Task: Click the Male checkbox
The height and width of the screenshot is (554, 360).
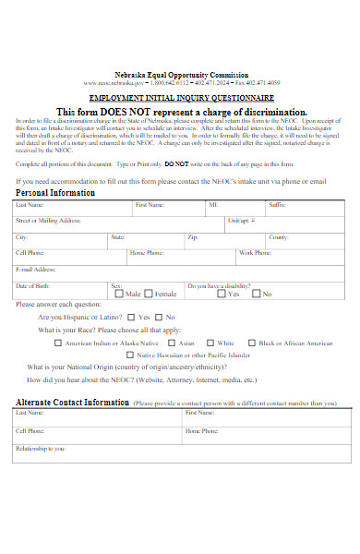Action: (x=119, y=295)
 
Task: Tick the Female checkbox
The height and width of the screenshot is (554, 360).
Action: (x=150, y=295)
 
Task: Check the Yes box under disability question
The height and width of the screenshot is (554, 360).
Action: (x=221, y=295)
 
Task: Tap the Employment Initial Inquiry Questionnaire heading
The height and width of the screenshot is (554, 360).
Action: (x=181, y=97)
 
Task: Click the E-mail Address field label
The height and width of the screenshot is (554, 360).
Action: (x=37, y=269)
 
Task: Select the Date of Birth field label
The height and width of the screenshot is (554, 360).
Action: (x=32, y=285)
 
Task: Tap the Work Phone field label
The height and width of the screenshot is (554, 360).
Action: (x=255, y=252)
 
